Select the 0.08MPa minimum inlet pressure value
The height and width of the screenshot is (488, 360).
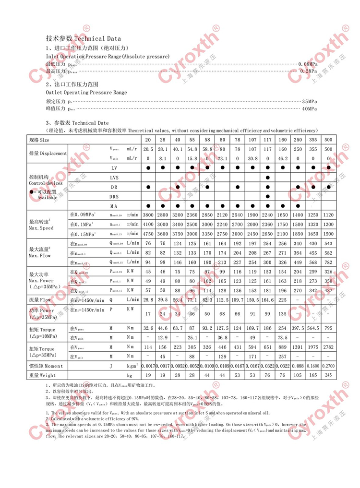308,64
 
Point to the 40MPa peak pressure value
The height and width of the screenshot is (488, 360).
309,109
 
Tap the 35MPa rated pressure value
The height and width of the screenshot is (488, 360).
309,102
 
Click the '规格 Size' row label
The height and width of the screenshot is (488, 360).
40,140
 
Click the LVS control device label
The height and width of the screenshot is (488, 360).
114,178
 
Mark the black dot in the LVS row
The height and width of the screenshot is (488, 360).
267,178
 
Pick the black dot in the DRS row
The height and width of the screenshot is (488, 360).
267,196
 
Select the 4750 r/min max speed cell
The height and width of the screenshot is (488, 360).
148,234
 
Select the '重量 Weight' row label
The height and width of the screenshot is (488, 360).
43,375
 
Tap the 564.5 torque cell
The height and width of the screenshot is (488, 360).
312,328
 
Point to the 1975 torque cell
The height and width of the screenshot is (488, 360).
312,347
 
